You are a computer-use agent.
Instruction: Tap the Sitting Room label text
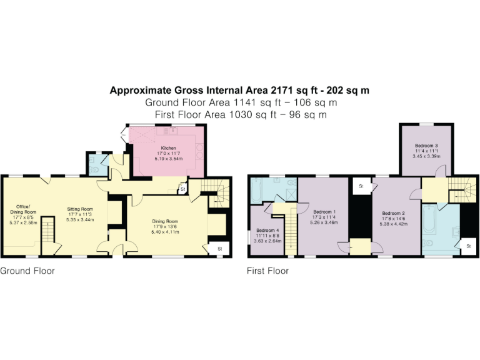(80, 209)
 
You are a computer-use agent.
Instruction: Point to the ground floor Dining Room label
(166, 221)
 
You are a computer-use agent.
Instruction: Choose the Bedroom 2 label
(394, 213)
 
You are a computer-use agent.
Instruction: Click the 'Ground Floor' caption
(27, 271)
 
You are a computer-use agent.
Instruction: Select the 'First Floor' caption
(268, 271)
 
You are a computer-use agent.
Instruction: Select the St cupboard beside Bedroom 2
(361, 186)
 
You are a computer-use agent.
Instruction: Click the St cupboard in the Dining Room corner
(220, 248)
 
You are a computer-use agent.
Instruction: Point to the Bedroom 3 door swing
(440, 170)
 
